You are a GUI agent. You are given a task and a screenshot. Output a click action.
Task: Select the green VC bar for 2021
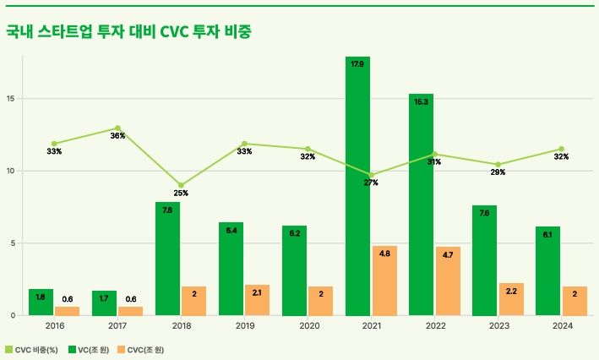pos(357,186)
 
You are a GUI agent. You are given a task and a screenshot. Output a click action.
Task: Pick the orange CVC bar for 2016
pos(67,311)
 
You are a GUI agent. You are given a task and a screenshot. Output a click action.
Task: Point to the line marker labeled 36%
pos(117,128)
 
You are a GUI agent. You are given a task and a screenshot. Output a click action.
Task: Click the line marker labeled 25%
pos(181,185)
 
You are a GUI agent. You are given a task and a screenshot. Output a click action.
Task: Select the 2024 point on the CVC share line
pos(561,149)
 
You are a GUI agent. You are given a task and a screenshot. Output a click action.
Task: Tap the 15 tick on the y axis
pos(11,98)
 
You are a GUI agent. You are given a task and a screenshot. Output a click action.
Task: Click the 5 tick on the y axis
pos(13,243)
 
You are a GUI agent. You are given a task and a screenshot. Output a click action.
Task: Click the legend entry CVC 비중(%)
pos(31,349)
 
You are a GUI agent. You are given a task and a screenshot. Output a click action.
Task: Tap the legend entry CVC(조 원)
pos(145,349)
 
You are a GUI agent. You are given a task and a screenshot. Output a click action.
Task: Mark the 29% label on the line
pos(498,172)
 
